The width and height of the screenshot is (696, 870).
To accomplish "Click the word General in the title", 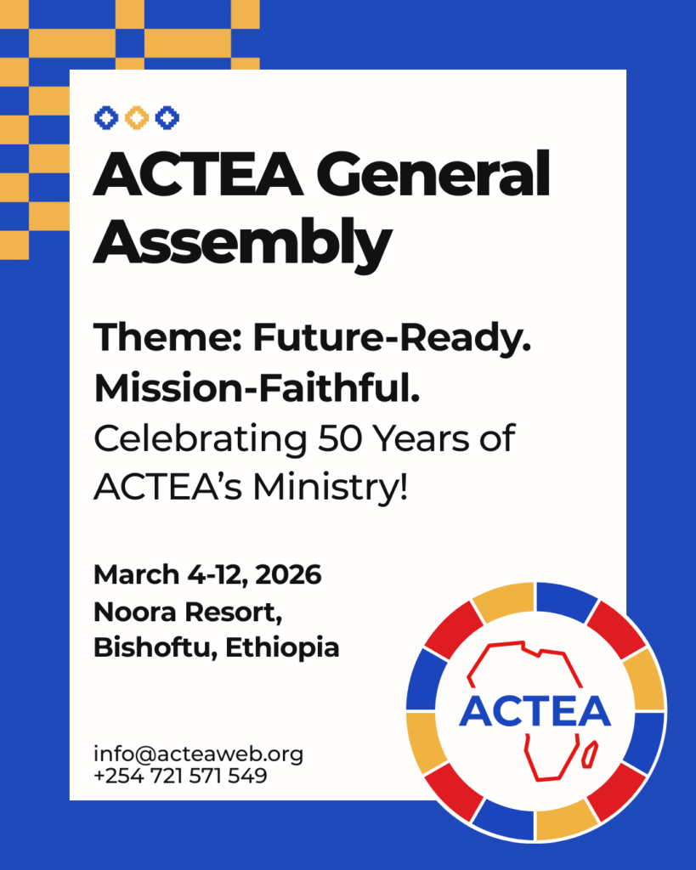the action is pyautogui.click(x=433, y=174).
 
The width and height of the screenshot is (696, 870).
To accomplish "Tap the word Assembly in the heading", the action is pyautogui.click(x=242, y=242).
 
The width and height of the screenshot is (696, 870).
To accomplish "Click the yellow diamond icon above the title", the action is pyautogui.click(x=137, y=117).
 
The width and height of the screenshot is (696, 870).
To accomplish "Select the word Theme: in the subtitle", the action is pyautogui.click(x=167, y=337).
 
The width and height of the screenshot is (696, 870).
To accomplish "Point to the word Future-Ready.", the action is pyautogui.click(x=392, y=338).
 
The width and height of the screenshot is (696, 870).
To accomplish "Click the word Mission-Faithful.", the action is pyautogui.click(x=257, y=387).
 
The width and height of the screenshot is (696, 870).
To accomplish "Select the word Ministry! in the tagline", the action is pyautogui.click(x=331, y=487).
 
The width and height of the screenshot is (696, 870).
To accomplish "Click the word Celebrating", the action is pyautogui.click(x=201, y=439).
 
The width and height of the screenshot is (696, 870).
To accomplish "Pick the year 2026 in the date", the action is pyautogui.click(x=288, y=574).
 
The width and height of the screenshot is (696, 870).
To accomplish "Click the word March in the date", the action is pyautogui.click(x=137, y=574).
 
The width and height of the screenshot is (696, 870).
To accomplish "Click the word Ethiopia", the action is pyautogui.click(x=282, y=648).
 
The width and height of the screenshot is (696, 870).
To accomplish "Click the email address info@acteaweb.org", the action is pyautogui.click(x=198, y=754).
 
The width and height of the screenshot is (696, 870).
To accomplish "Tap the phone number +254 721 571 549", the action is pyautogui.click(x=180, y=776).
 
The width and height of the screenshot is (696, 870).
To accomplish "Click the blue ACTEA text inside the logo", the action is pyautogui.click(x=535, y=711).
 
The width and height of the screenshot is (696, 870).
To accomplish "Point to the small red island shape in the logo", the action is pyautogui.click(x=590, y=754).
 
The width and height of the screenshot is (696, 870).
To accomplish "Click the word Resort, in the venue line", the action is pyautogui.click(x=234, y=613).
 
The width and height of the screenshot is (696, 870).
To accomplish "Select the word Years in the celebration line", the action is pyautogui.click(x=421, y=438).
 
